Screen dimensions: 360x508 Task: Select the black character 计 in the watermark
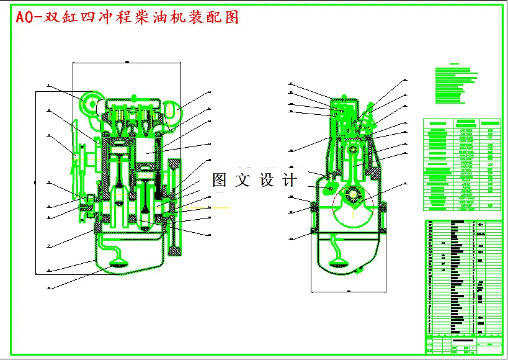click(x=290, y=180)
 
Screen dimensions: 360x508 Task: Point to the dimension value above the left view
click(x=127, y=61)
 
